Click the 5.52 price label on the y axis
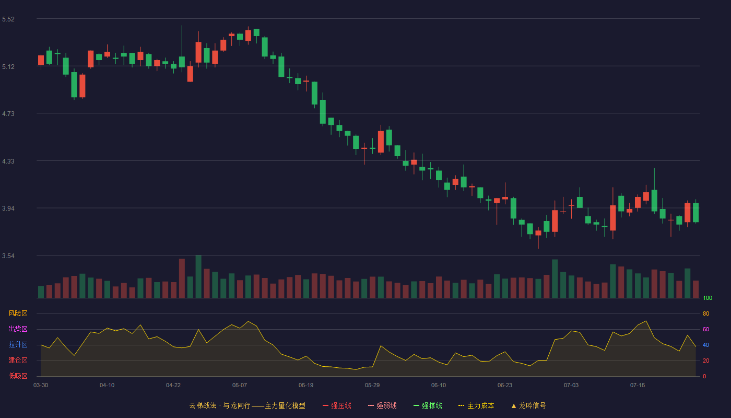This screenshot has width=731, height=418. [8, 19]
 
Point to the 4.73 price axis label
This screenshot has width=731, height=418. [8, 114]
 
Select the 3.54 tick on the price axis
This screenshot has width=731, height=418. [8, 256]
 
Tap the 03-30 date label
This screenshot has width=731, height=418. [41, 386]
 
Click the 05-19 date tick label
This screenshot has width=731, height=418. [306, 386]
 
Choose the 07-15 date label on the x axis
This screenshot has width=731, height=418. [638, 386]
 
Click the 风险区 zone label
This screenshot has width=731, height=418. [18, 313]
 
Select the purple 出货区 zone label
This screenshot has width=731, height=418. [18, 329]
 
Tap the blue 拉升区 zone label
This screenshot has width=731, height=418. [18, 344]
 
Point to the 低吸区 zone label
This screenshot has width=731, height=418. [18, 376]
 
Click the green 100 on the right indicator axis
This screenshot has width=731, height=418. [708, 298]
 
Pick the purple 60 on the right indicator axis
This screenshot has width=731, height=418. [706, 329]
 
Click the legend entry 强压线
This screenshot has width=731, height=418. [337, 405]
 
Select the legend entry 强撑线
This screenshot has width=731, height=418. [428, 405]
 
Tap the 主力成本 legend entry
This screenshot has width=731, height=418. [476, 405]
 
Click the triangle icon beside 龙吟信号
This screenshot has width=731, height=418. [514, 406]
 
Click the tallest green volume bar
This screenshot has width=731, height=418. [198, 276]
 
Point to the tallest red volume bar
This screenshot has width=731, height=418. [182, 278]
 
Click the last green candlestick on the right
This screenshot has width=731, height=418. [695, 212]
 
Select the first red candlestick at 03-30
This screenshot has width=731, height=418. [41, 61]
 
